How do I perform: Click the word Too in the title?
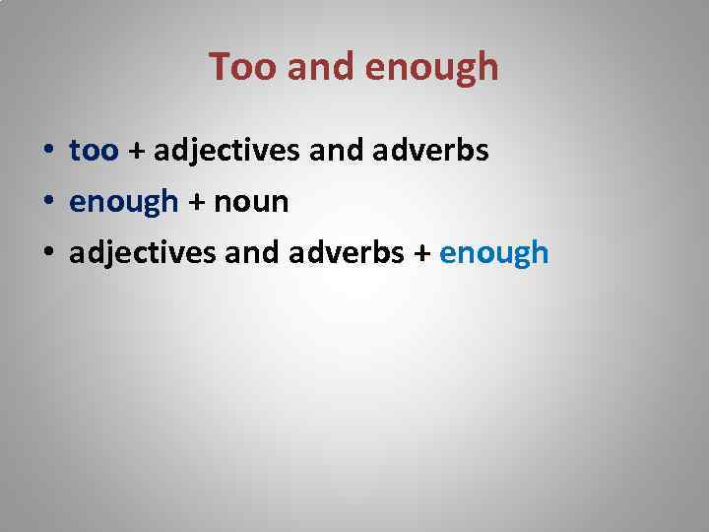(237, 67)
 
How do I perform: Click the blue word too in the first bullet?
(94, 151)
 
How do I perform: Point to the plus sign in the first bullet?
(136, 152)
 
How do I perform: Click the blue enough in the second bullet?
(124, 203)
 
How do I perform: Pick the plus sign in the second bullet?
(197, 203)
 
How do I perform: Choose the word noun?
(251, 203)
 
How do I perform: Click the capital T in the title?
(220, 67)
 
